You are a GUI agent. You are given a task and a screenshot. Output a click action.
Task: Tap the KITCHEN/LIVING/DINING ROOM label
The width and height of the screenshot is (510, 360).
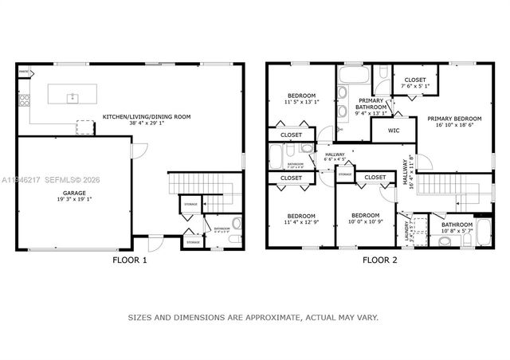click(x=147, y=117)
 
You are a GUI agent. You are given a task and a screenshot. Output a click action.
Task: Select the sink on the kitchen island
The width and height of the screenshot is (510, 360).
click(x=72, y=97)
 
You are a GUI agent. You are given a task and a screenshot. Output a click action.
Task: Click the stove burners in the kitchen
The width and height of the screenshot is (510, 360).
click(x=23, y=101)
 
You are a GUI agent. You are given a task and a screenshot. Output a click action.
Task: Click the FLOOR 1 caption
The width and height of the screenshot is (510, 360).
click(x=128, y=260)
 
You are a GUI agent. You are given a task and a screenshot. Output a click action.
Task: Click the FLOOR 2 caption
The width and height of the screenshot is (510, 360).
click(x=379, y=260)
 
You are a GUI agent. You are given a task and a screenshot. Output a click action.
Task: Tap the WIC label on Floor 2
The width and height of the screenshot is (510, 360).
click(x=394, y=130)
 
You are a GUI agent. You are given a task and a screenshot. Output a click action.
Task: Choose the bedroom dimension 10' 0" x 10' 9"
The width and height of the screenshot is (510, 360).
click(x=367, y=221)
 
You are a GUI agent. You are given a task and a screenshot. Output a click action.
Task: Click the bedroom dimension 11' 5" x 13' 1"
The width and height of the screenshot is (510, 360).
click(x=301, y=102)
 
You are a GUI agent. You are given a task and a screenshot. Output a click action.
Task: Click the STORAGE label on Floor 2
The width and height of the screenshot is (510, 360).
click(x=345, y=174)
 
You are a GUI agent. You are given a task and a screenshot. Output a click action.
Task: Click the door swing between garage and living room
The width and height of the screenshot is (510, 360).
click(x=136, y=151)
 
